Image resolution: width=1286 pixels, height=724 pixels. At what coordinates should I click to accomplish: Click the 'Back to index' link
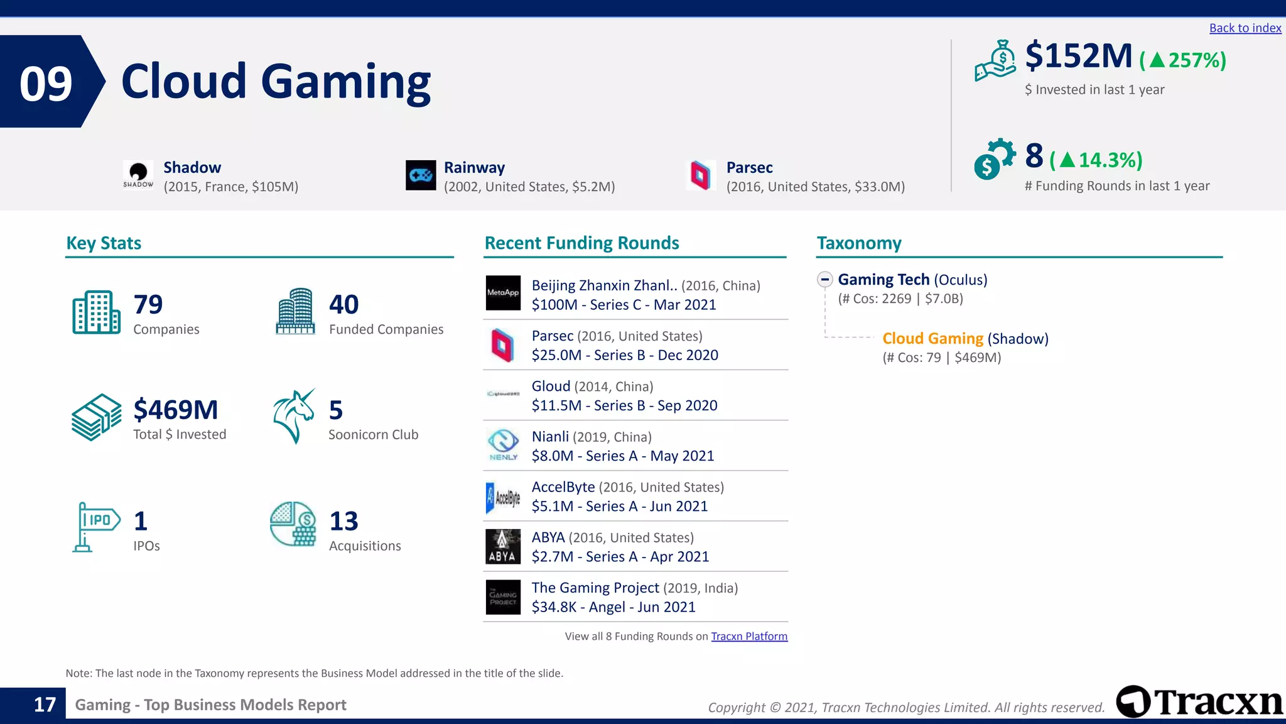click(x=1245, y=28)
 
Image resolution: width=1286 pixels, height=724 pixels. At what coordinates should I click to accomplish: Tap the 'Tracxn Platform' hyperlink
click(x=748, y=636)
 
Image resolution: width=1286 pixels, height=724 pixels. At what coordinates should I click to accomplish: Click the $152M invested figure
click(x=1078, y=56)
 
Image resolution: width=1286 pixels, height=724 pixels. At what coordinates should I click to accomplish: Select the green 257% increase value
click(x=1183, y=60)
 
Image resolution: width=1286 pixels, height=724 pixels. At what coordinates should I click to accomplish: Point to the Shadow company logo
click(x=138, y=174)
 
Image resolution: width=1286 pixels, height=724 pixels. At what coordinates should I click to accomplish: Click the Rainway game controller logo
click(x=421, y=175)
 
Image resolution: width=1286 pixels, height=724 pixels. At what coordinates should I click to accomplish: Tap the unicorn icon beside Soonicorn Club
click(x=294, y=415)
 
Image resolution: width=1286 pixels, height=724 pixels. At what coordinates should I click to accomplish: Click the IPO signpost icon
click(x=96, y=527)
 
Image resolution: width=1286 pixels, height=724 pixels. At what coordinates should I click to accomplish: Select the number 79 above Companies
click(x=148, y=305)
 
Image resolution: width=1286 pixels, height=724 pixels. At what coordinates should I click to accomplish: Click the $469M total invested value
click(x=176, y=410)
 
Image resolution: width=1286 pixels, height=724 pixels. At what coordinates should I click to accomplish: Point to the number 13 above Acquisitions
click(x=343, y=521)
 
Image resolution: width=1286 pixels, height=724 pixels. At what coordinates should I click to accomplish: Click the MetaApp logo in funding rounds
click(x=503, y=293)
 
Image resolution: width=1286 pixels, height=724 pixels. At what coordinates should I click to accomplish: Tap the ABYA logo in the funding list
click(x=503, y=546)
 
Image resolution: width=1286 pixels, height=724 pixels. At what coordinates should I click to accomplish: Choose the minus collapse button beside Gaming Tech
click(x=825, y=280)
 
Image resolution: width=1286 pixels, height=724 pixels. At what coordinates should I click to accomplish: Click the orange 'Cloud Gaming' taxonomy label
click(x=932, y=339)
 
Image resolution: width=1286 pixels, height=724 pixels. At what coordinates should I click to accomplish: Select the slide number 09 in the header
click(x=46, y=84)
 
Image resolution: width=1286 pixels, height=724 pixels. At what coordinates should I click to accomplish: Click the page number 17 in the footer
click(x=45, y=705)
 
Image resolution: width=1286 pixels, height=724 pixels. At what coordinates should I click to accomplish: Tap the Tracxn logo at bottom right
click(x=1199, y=701)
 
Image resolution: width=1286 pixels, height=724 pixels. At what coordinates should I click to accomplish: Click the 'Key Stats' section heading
click(x=104, y=243)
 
